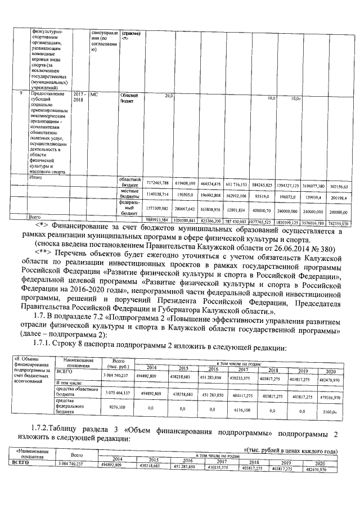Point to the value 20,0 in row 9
(x=168, y=96)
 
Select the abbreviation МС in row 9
(x=94, y=96)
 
